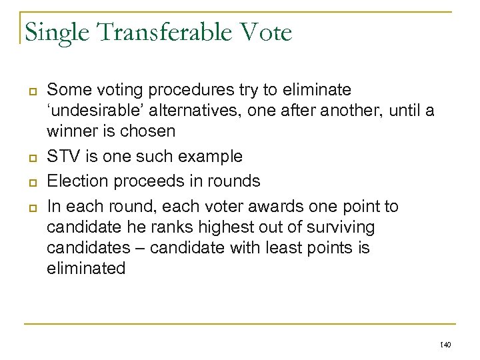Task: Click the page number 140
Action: (446, 344)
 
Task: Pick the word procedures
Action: (175, 89)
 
